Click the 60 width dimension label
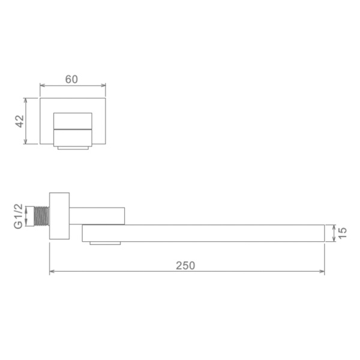click(x=71, y=79)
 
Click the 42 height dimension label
click(x=20, y=121)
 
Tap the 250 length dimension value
click(x=185, y=265)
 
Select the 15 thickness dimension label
click(x=342, y=233)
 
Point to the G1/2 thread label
click(x=19, y=216)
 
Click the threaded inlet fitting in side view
click(x=41, y=216)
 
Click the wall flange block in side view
click(x=59, y=216)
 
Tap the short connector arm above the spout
click(x=97, y=216)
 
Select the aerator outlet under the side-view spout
click(x=105, y=243)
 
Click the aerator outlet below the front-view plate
click(x=73, y=148)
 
